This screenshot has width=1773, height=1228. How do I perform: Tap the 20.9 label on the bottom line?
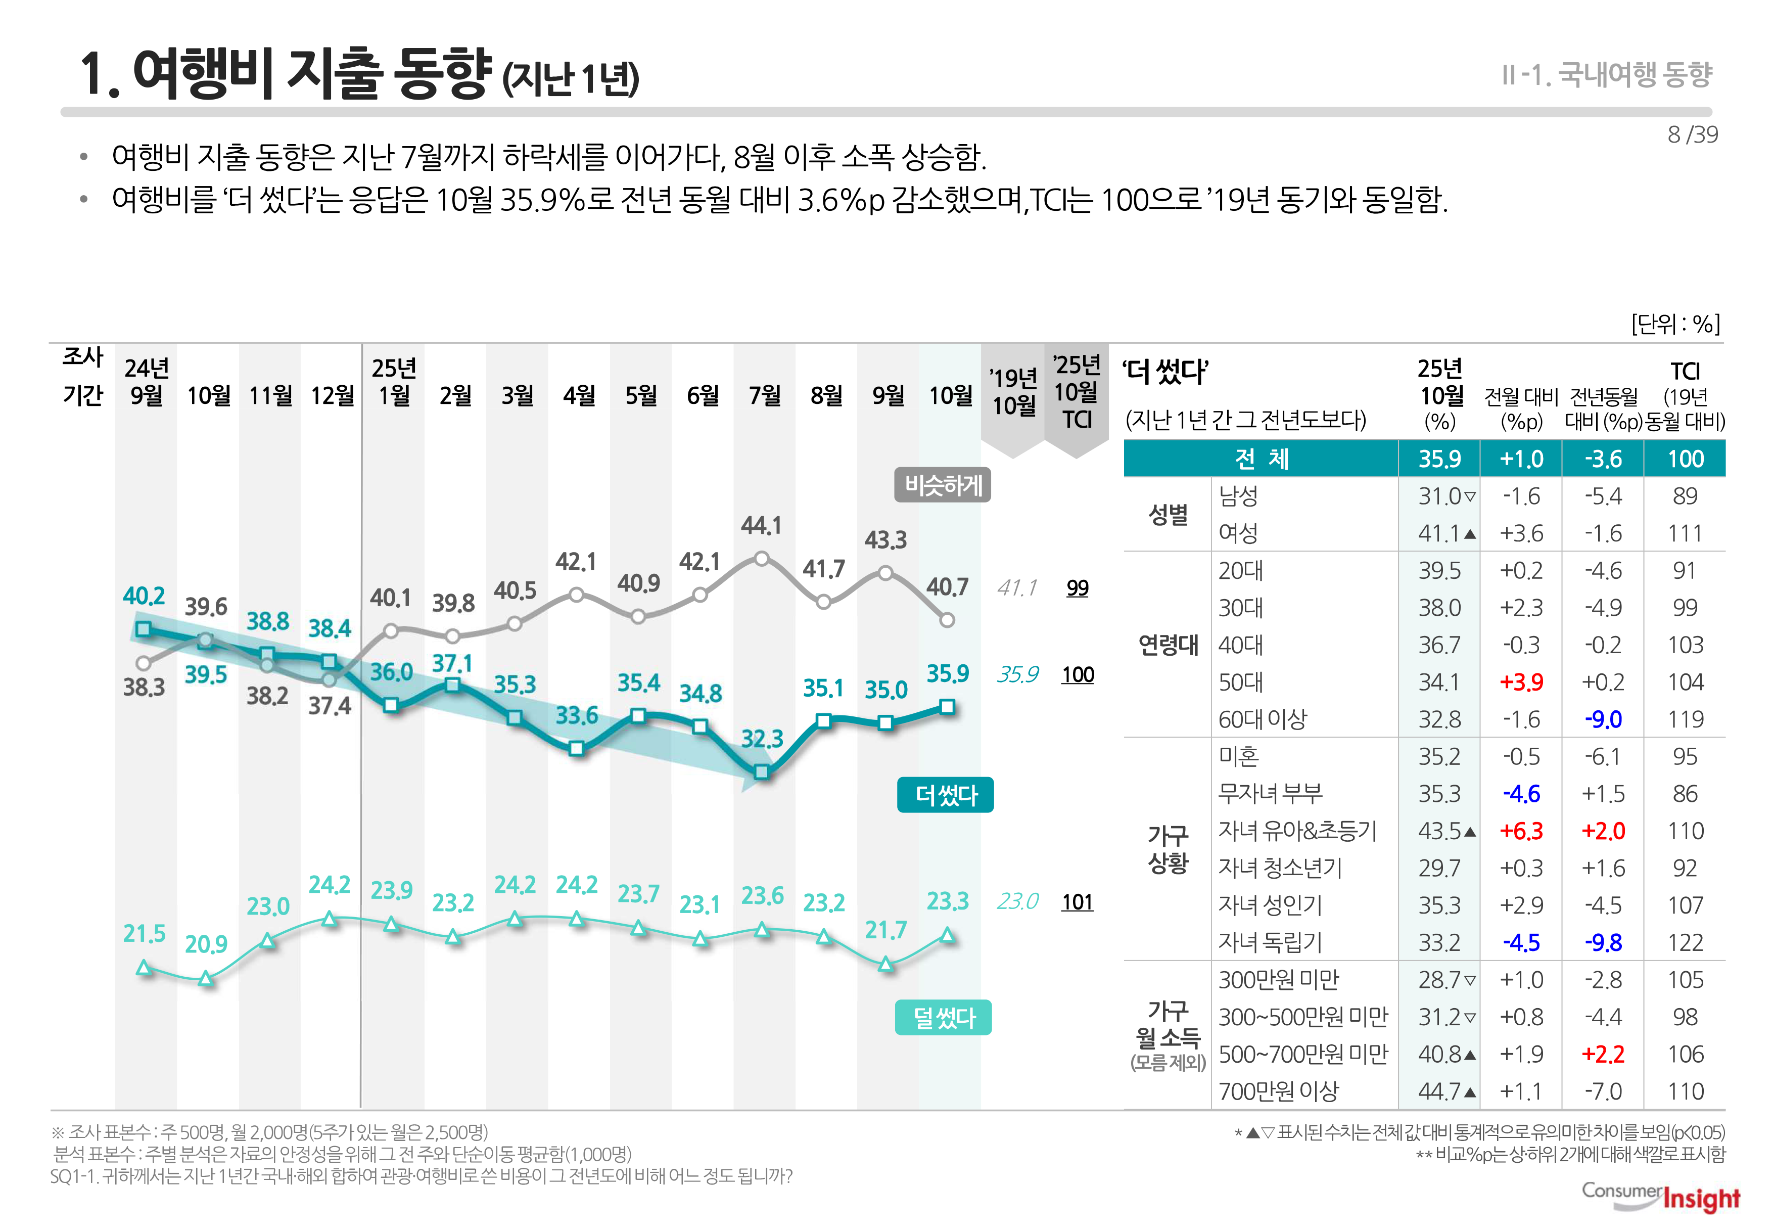206,944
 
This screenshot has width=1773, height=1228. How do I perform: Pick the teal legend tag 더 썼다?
945,795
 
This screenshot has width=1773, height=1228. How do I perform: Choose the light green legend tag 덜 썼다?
943,1018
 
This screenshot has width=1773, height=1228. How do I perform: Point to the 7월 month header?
765,395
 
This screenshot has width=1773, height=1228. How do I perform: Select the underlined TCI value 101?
1077,902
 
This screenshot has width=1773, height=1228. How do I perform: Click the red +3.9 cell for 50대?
1521,683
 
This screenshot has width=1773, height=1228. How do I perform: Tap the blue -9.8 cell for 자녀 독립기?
1603,942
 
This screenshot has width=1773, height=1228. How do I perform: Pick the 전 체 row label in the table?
1262,460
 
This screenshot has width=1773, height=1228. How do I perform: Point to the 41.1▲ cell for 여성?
1446,533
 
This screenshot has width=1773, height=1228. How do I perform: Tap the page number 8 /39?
1692,134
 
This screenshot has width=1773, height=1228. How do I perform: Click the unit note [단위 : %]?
1675,324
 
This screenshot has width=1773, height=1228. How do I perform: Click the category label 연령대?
1168,645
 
